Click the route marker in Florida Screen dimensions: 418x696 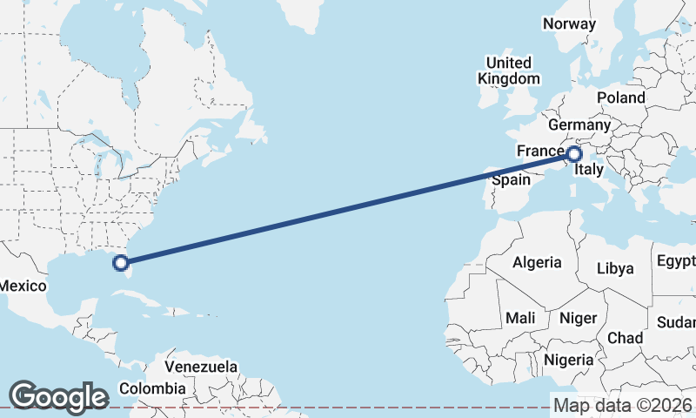[122, 261]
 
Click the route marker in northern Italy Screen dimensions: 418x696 [573, 155]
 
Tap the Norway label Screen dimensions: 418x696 [569, 24]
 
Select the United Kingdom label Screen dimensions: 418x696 [508, 71]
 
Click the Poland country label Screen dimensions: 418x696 [620, 98]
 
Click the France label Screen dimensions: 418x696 [540, 152]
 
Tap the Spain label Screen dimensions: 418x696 [511, 180]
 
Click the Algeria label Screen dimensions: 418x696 [537, 262]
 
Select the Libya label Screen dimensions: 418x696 [615, 269]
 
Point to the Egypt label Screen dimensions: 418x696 [676, 261]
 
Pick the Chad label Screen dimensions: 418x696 [625, 338]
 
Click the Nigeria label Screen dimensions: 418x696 [568, 360]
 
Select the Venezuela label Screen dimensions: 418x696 [201, 367]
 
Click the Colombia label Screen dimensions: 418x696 [152, 388]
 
